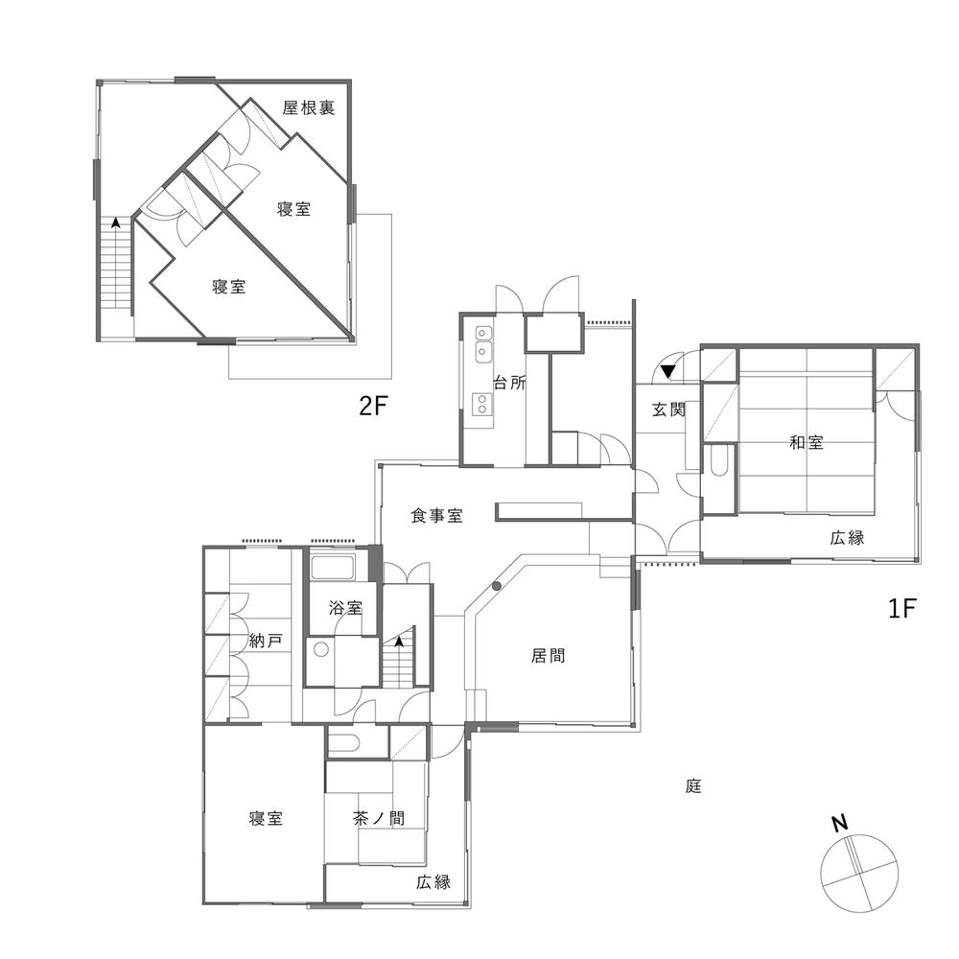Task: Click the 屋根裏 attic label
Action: (x=309, y=108)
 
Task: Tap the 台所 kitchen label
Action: (x=509, y=382)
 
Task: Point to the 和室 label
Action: (x=807, y=442)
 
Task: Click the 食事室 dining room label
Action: (x=437, y=516)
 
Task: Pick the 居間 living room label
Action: (x=548, y=656)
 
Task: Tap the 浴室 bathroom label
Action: (x=345, y=607)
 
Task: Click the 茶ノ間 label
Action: (x=378, y=819)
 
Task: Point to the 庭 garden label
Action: (x=694, y=786)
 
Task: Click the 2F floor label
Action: (x=372, y=407)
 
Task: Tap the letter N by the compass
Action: (x=839, y=823)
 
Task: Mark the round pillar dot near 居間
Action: (x=497, y=585)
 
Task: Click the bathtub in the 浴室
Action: (x=333, y=568)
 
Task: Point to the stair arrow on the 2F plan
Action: (x=116, y=222)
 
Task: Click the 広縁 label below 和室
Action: (x=848, y=538)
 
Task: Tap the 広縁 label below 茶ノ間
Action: (x=433, y=882)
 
